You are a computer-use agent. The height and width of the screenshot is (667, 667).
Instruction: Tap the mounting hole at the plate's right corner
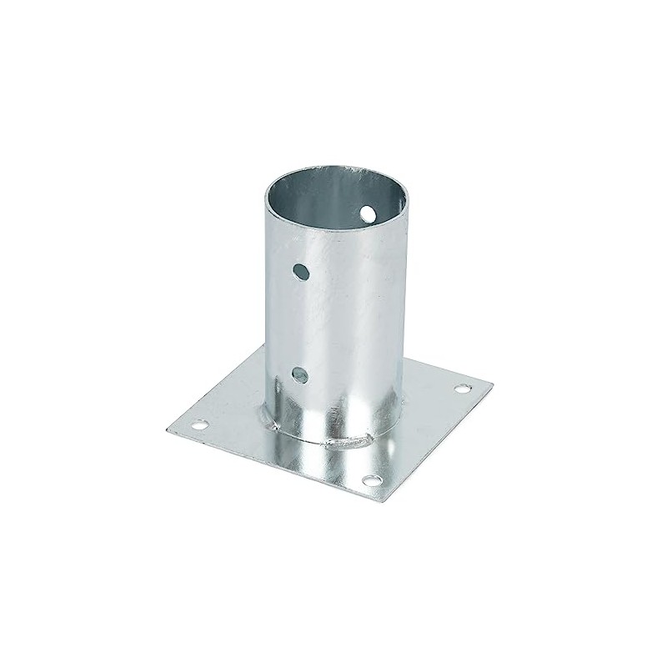tap(461, 388)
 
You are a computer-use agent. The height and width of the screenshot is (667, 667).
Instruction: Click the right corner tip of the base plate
tap(493, 385)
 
